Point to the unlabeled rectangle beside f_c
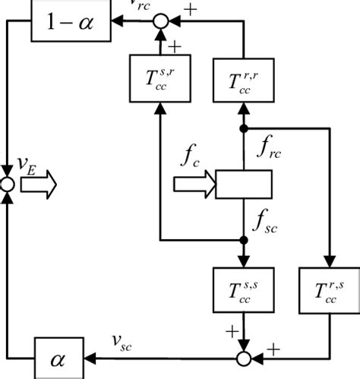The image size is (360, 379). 244,184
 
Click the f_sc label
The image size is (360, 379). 269,221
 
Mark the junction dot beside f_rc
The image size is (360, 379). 244,129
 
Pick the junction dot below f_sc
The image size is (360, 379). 244,239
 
